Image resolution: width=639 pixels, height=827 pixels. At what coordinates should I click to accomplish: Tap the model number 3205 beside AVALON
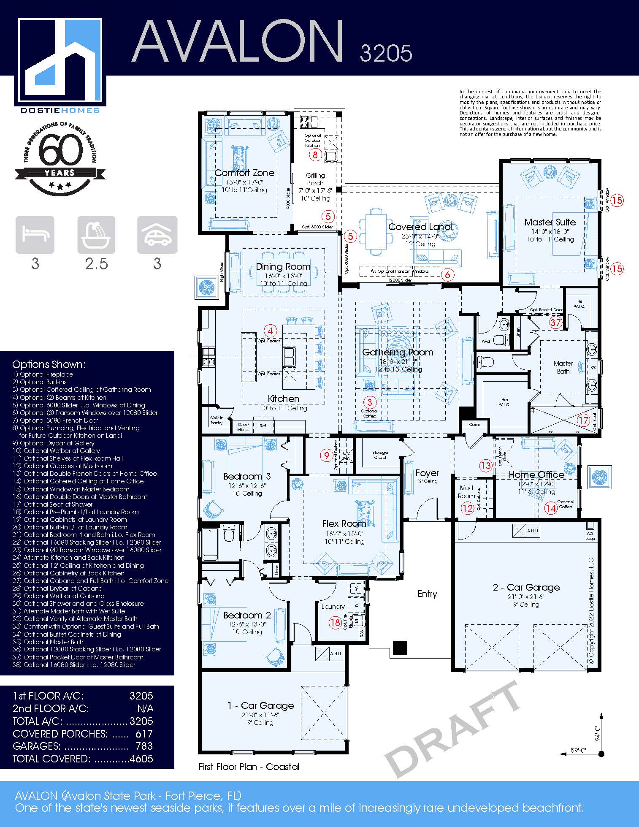[x=386, y=53]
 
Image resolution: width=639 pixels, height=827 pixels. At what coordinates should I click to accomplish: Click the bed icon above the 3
[x=35, y=235]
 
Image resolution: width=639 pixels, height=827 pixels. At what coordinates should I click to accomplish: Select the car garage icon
[x=157, y=235]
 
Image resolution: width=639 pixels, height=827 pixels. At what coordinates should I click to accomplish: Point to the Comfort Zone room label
[x=244, y=173]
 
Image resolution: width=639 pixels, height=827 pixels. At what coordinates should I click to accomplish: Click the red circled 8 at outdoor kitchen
[x=315, y=155]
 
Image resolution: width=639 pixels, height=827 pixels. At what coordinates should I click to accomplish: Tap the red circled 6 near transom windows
[x=447, y=275]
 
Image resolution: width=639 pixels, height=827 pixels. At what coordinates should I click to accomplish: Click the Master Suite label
[x=550, y=222]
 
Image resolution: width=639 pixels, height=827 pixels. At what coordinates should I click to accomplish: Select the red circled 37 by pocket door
[x=555, y=323]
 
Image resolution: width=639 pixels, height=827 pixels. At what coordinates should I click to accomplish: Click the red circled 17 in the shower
[x=583, y=420]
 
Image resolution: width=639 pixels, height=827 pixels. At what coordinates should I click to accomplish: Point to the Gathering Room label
[x=398, y=352]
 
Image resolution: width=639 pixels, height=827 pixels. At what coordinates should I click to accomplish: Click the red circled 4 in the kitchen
[x=270, y=331]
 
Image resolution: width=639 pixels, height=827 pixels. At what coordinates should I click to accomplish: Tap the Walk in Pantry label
[x=217, y=420]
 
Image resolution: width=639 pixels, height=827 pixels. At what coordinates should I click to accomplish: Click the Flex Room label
[x=344, y=523]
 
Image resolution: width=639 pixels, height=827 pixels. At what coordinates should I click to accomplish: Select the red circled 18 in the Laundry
[x=335, y=623]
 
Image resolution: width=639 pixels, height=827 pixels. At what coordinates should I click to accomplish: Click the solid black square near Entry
[x=399, y=648]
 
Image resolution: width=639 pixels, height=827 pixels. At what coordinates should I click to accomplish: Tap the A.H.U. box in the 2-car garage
[x=526, y=531]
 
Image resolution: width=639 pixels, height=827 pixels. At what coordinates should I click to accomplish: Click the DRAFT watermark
[x=452, y=730]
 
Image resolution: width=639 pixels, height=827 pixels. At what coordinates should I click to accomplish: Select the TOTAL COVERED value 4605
[x=141, y=758]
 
